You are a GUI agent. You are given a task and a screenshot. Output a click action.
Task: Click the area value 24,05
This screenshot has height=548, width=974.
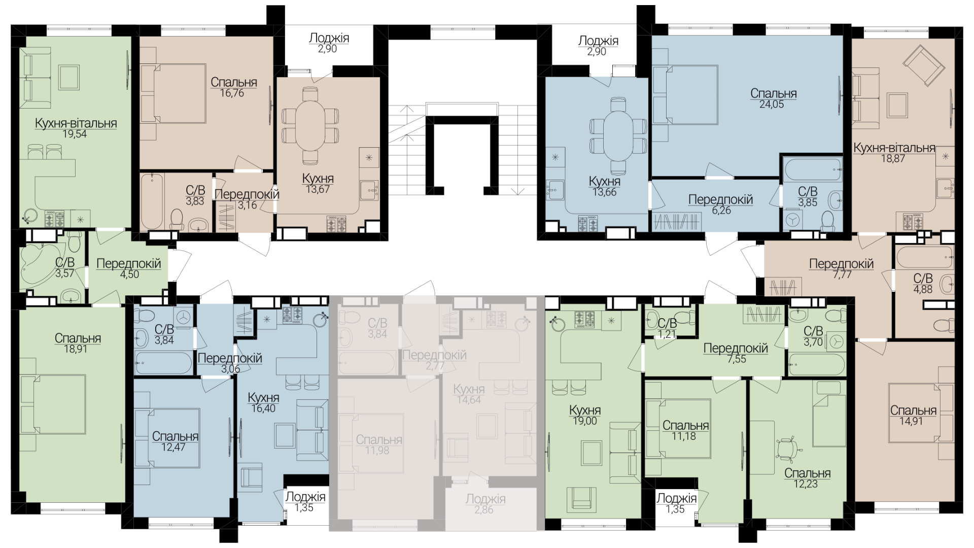tap(773, 105)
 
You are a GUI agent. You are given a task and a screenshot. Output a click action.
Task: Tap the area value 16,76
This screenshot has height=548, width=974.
tap(232, 93)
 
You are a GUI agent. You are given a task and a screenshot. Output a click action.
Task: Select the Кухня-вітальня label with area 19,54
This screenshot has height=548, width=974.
tap(76, 123)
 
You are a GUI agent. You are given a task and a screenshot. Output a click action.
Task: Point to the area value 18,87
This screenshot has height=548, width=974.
tap(893, 158)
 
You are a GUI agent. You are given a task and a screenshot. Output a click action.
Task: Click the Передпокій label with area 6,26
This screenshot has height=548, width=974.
tap(720, 199)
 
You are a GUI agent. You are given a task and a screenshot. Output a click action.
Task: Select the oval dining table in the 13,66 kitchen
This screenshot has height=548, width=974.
tap(618, 135)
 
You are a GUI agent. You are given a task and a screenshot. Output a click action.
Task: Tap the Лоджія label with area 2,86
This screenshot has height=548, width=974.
tap(485, 499)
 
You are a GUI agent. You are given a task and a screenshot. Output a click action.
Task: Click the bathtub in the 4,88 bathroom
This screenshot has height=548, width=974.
tap(925, 258)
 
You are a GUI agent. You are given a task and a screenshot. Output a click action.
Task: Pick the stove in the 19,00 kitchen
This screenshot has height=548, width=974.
tap(585, 319)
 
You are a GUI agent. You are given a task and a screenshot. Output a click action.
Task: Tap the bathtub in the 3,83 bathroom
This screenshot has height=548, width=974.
tap(152, 202)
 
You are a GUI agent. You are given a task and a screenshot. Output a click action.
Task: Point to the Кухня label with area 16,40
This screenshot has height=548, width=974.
tap(263, 397)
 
